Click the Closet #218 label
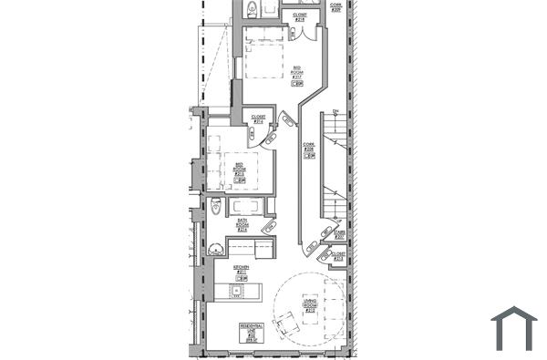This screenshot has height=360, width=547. (300, 16)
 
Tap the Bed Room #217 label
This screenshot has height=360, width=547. (297, 72)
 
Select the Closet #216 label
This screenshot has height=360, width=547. (258, 119)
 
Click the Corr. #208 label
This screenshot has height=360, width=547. (309, 148)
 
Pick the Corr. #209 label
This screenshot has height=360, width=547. (335, 5)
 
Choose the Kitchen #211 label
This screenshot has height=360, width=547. (242, 269)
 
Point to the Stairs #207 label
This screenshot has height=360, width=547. (339, 234)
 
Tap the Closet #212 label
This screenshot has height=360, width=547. (337, 256)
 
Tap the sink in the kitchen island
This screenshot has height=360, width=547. (236, 291)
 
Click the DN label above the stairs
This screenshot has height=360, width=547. (335, 112)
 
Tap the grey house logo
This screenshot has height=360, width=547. (514, 328)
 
